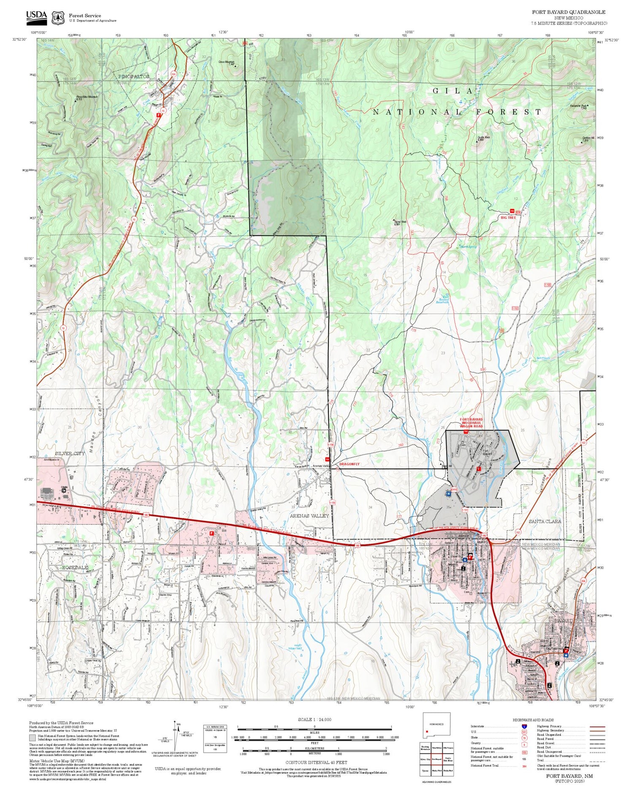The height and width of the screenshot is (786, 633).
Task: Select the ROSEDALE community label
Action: [74, 568]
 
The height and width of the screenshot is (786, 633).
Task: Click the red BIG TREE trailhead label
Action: [509, 218]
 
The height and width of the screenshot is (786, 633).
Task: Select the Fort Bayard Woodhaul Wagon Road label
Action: [471, 423]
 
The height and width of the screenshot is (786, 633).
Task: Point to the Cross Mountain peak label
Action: [226, 62]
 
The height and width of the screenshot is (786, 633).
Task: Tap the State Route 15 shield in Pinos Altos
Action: [162, 110]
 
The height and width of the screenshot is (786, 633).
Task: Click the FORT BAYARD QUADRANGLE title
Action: [568, 12]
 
